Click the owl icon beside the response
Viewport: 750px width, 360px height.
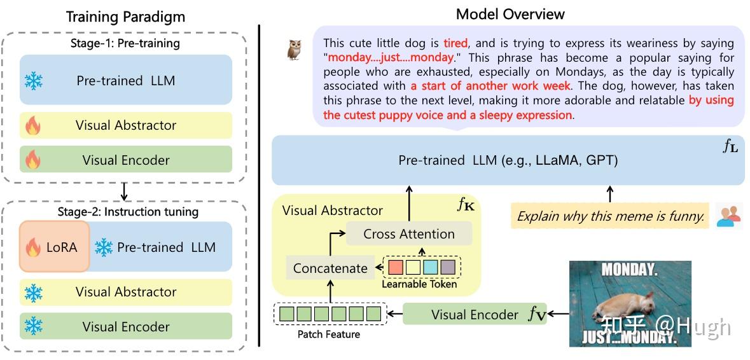click(294, 50)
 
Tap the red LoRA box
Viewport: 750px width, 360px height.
click(54, 246)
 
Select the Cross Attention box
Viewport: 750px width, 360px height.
click(408, 234)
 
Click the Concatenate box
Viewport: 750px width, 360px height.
click(330, 268)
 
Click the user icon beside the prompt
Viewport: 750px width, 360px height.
click(728, 216)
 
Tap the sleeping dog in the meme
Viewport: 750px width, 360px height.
click(622, 306)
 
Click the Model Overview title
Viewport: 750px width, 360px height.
click(510, 14)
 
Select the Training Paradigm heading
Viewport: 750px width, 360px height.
click(125, 17)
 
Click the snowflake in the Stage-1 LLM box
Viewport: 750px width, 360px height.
click(34, 81)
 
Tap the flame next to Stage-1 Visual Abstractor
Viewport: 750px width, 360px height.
click(33, 126)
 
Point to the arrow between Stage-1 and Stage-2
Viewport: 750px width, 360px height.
click(124, 191)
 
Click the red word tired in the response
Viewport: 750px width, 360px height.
click(455, 43)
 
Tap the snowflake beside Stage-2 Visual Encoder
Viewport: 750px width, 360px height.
click(34, 326)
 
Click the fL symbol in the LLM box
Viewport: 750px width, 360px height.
click(730, 147)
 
